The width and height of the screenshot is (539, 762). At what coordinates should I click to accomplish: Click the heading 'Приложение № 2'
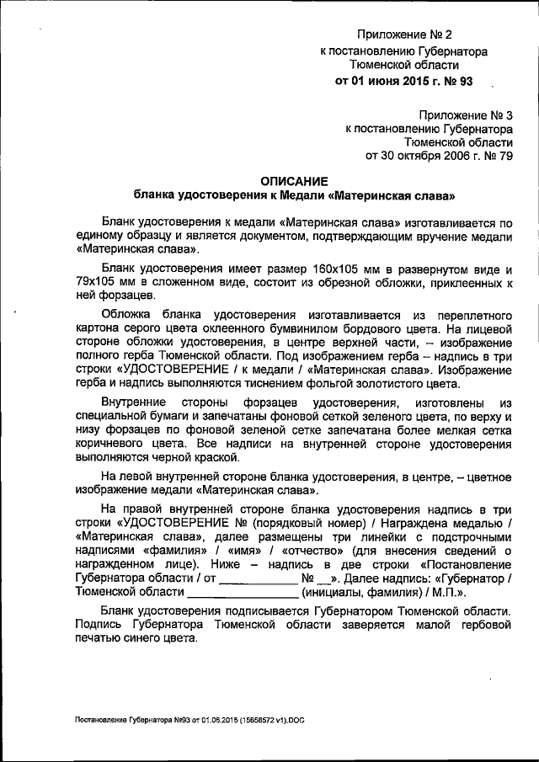404,35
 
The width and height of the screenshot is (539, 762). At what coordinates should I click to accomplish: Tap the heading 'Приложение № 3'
465,115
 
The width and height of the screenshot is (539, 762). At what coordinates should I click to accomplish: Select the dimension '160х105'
329,268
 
